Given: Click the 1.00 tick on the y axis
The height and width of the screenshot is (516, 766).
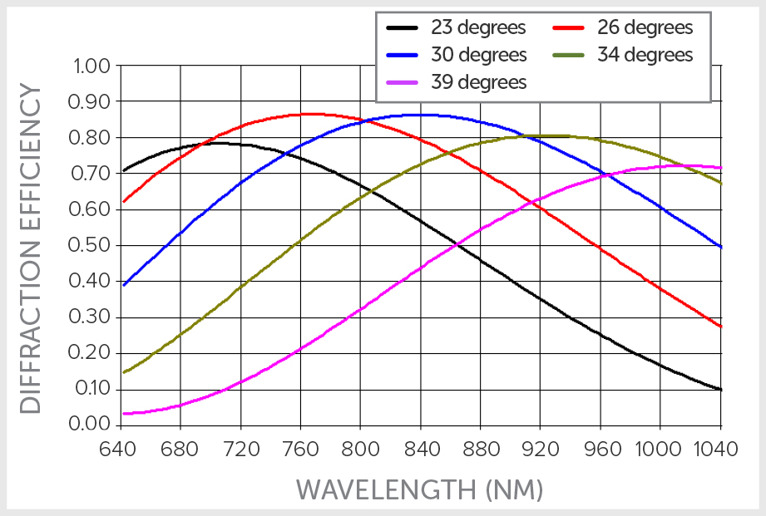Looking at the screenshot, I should click(91, 66).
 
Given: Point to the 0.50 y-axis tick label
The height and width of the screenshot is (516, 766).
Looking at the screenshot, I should click(91, 245).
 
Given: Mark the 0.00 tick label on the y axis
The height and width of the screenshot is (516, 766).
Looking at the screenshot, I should click(91, 424).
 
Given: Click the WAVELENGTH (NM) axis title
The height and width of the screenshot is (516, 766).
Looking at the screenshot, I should click(420, 489).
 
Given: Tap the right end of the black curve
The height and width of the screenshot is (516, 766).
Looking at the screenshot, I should click(721, 390).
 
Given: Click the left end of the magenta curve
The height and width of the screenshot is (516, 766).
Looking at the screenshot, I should click(123, 413).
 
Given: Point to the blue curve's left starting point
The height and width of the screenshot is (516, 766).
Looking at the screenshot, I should click(123, 286).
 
